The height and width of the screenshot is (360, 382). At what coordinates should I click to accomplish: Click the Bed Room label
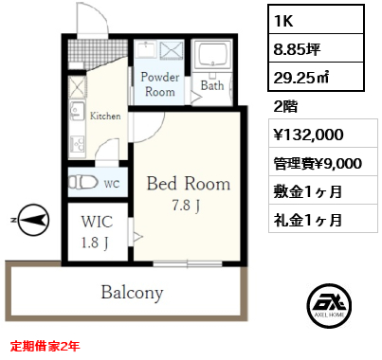[189, 184]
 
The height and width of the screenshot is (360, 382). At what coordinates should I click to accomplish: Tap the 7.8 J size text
[186, 206]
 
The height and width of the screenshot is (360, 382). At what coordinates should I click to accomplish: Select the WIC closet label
[97, 222]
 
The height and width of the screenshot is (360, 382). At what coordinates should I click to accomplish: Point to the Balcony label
[132, 293]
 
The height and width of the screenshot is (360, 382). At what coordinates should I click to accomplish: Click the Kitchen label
[105, 116]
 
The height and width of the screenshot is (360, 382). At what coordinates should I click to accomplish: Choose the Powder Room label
[160, 84]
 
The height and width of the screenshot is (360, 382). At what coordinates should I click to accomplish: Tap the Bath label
[212, 85]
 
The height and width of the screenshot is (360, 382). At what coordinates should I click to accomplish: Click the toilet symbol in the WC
[83, 183]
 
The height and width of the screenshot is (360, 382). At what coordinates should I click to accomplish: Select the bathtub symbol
[211, 55]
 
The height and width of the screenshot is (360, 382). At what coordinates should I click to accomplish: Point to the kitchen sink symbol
[77, 110]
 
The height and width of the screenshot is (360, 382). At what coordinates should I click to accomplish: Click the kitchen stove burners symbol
[77, 144]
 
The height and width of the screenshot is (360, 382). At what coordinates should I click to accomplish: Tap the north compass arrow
[33, 220]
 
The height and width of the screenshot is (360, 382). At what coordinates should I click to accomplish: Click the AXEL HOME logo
[329, 306]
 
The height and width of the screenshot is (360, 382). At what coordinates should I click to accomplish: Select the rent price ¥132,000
[308, 135]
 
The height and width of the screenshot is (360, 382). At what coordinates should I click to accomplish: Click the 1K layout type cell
[316, 20]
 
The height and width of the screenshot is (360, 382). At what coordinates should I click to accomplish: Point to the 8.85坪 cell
[316, 48]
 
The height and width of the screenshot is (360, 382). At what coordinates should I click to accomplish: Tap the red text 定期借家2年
[45, 346]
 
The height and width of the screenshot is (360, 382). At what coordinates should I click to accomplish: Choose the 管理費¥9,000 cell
[323, 163]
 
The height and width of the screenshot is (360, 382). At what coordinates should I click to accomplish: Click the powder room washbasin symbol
[146, 49]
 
